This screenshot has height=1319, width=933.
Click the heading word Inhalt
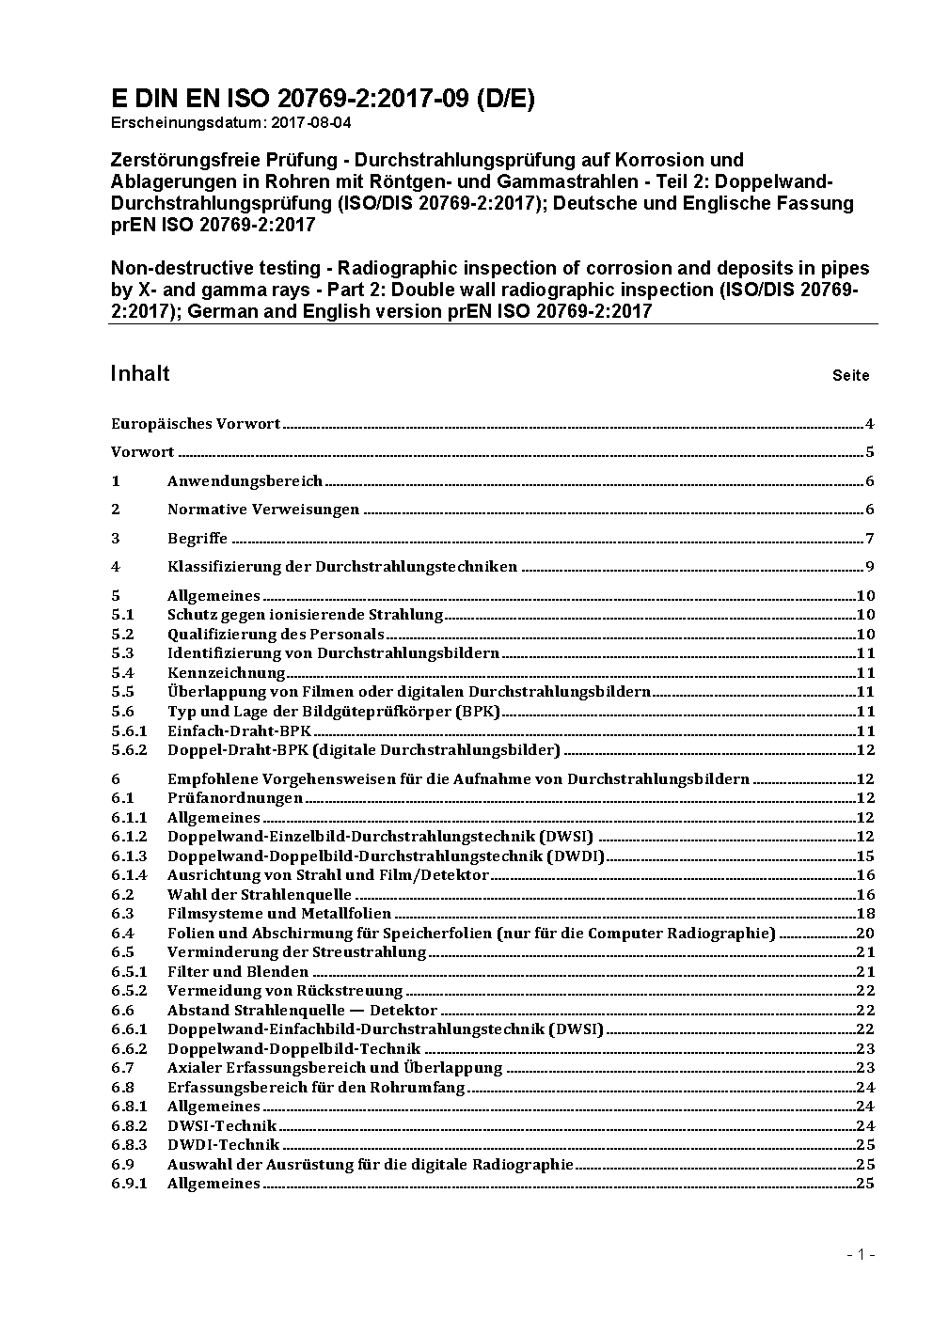click(140, 373)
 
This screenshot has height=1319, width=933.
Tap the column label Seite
click(850, 375)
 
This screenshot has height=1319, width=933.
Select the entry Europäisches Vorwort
click(196, 424)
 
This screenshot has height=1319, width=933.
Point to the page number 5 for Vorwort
click(870, 452)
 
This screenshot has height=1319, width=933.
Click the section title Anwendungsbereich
click(245, 481)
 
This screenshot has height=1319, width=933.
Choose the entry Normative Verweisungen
click(263, 510)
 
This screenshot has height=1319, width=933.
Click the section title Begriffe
click(198, 539)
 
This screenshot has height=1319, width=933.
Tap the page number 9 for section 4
click(870, 567)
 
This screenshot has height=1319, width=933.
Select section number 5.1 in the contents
click(122, 615)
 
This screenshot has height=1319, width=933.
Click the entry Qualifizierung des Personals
click(276, 635)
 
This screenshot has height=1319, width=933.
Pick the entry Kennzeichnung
click(226, 673)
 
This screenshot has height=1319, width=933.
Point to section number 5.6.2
click(129, 750)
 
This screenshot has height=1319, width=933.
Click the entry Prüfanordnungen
click(235, 798)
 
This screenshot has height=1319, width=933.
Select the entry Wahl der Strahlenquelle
click(260, 895)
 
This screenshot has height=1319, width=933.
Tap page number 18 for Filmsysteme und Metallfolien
click(865, 914)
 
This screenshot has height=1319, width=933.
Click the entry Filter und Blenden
click(238, 972)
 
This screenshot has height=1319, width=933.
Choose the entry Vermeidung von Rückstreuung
click(285, 991)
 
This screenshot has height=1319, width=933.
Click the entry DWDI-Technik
click(223, 1145)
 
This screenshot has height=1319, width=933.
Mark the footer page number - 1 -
click(861, 1254)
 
